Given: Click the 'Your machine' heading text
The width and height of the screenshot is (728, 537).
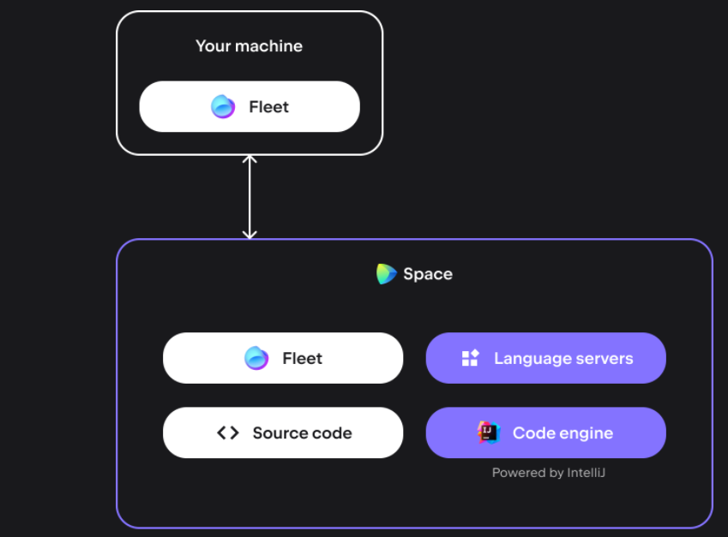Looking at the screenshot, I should click(249, 46).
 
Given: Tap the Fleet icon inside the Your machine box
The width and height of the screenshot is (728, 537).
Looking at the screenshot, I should click(223, 107).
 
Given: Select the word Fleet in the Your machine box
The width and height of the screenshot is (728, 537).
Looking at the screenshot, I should click(268, 107).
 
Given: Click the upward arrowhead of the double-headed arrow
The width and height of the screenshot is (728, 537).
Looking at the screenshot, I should click(250, 160).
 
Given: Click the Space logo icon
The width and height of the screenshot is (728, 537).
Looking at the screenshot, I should click(386, 274).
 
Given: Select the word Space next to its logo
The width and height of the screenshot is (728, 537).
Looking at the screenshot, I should click(427, 274).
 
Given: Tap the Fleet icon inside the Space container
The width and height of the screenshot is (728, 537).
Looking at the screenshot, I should click(256, 358).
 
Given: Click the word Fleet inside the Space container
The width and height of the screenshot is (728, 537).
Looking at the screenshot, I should click(302, 358).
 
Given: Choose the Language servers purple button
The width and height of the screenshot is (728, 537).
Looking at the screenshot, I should click(545, 358).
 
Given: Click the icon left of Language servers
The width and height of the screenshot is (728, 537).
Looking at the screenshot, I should click(470, 358).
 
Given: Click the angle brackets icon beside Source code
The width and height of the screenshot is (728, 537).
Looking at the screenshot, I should click(227, 433).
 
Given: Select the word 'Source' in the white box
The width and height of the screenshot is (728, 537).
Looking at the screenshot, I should click(279, 433).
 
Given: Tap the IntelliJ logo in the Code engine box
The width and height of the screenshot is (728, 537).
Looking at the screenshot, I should click(489, 433).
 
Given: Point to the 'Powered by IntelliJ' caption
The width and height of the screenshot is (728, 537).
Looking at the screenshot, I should click(549, 473).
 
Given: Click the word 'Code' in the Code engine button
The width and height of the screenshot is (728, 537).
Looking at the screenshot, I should click(532, 433).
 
